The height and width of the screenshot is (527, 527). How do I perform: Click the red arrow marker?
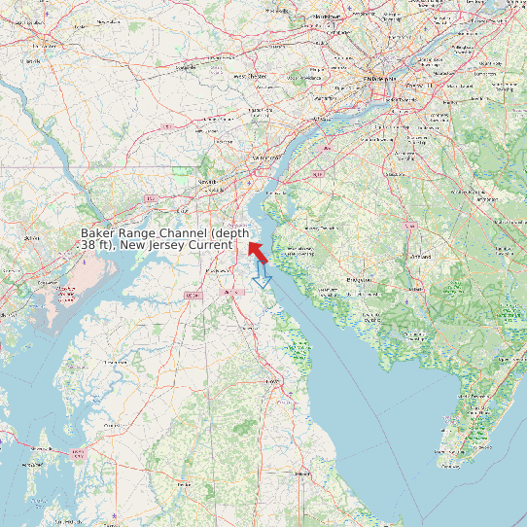(257, 252)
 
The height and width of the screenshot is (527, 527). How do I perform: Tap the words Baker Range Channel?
(146, 233)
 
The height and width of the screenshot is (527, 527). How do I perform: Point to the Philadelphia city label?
(380, 77)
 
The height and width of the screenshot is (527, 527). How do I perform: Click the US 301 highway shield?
(191, 296)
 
